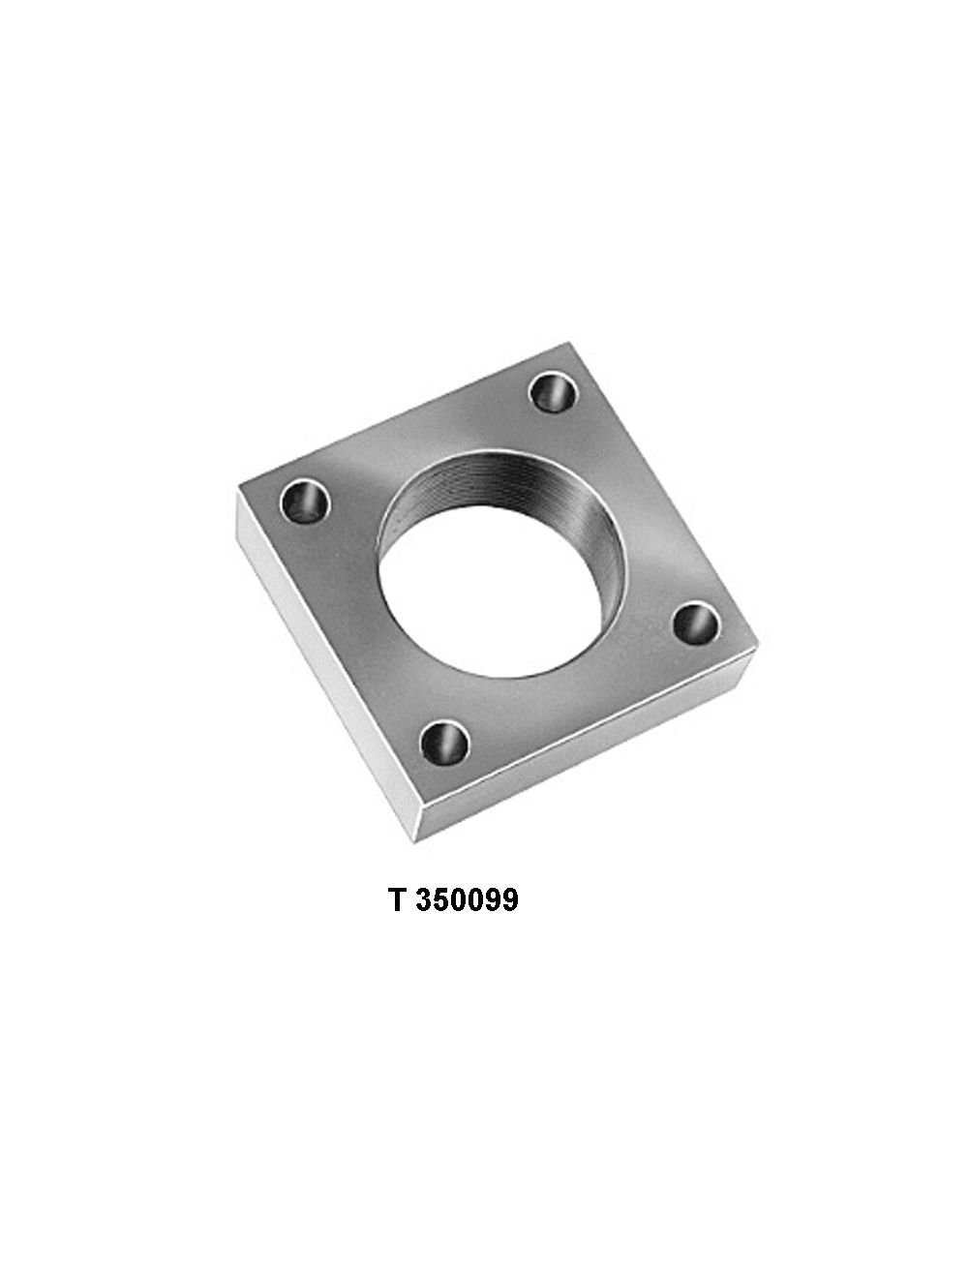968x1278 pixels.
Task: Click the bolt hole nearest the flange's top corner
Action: coord(554,393)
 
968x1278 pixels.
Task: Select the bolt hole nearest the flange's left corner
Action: coord(305,501)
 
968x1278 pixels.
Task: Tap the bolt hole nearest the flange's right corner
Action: coord(695,624)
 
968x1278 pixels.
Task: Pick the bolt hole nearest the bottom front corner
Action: coord(443,743)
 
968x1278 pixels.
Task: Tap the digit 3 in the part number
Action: coord(425,900)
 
